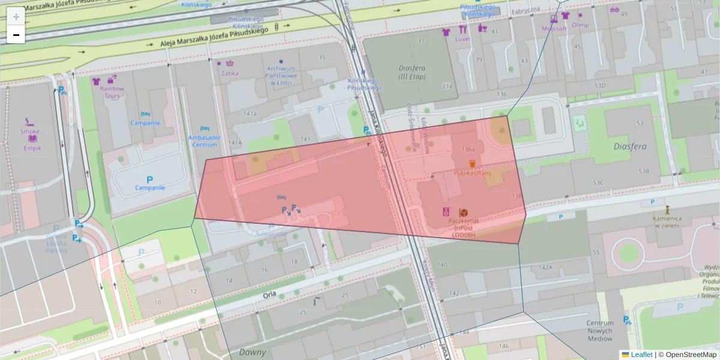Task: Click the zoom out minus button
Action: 16,35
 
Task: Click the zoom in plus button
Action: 16,17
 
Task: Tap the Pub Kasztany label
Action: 472,173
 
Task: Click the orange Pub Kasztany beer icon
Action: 472,164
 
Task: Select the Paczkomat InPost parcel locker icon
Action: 463,213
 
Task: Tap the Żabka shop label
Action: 230,73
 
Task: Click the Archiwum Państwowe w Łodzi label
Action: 281,76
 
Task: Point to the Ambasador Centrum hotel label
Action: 204,141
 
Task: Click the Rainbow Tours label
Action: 112,92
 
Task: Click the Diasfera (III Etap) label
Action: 412,72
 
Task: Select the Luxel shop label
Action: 462,39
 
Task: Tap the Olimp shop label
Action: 580,25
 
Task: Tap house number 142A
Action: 545,268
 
